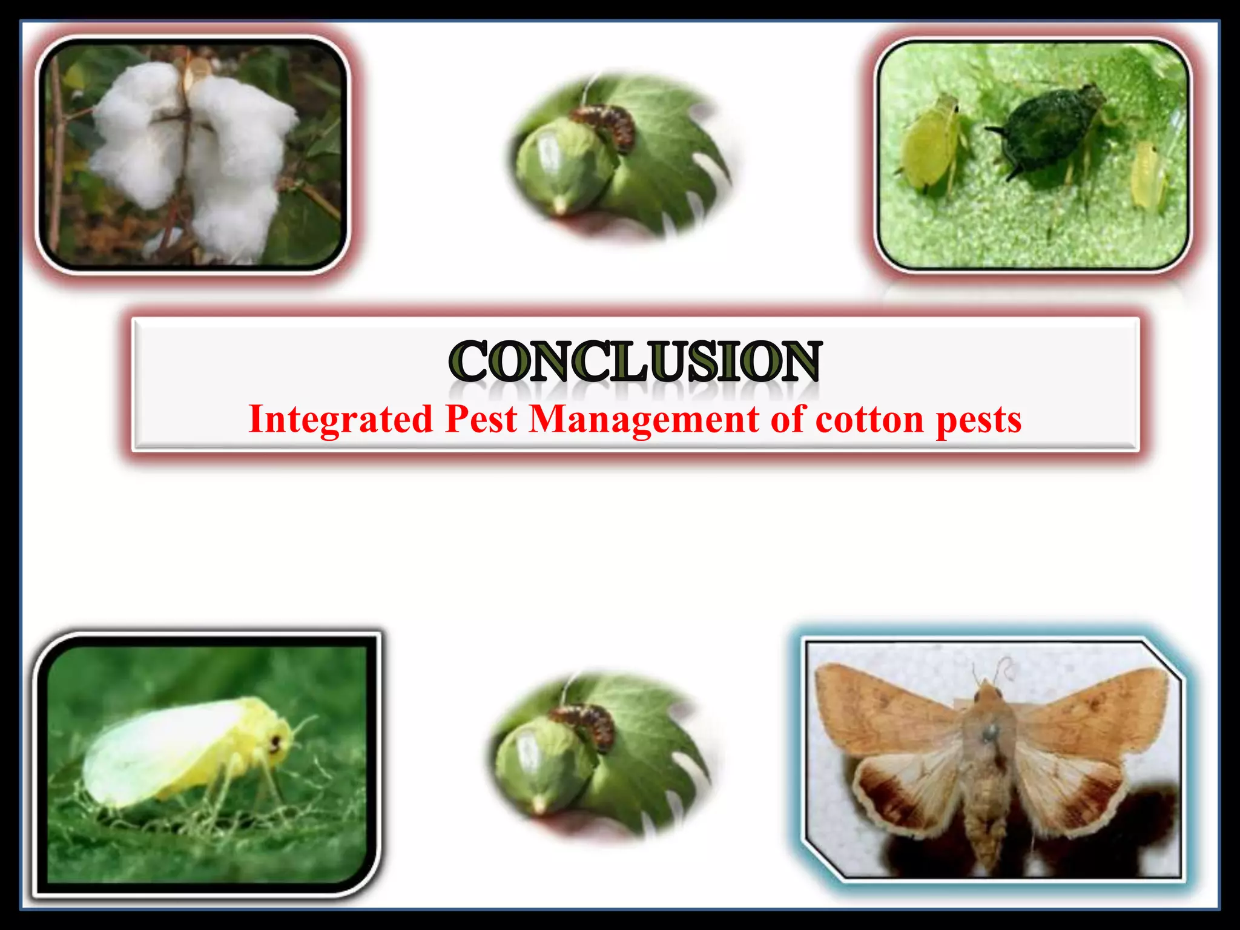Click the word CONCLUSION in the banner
[x=635, y=361]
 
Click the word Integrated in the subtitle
[x=341, y=419]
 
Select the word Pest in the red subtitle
[x=481, y=419]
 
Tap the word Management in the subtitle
[x=644, y=419]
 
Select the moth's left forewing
[x=884, y=708]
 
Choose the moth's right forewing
[x=1096, y=708]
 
